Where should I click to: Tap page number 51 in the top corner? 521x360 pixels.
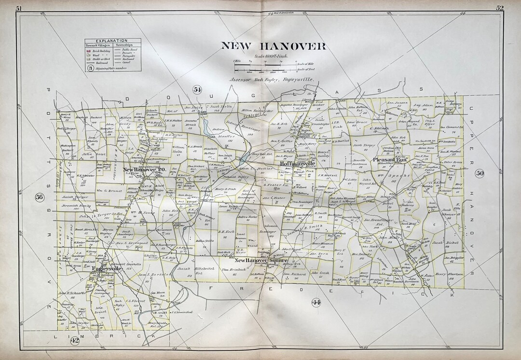[19, 8]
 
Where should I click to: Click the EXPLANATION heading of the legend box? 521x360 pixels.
[111, 41]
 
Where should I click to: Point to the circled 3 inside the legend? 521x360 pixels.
[90, 69]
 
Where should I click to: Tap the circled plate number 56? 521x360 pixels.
[39, 196]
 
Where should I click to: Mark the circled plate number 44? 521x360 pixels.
[316, 302]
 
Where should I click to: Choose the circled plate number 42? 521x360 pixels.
[75, 341]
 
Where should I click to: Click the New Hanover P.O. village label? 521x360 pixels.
[144, 169]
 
